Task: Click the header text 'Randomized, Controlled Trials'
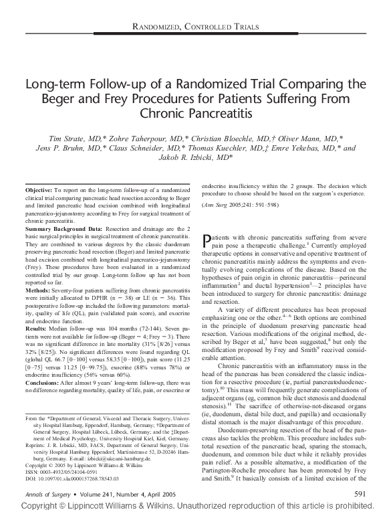(194, 26)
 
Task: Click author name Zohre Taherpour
(134, 138)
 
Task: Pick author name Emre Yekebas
(307, 149)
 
